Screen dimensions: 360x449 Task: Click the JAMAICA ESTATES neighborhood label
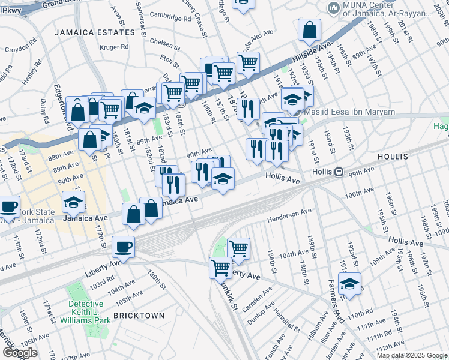point(95,32)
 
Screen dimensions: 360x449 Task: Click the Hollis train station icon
point(339,172)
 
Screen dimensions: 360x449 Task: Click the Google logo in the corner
point(19,353)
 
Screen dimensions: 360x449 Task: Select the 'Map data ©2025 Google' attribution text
point(412,355)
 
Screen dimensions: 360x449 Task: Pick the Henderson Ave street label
point(289,214)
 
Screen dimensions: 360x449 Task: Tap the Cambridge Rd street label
point(170,18)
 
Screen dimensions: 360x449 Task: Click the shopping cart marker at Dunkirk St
point(220,267)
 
